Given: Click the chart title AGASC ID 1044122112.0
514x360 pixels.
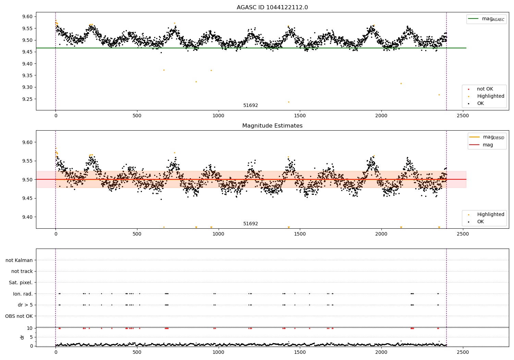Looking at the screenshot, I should [272, 8].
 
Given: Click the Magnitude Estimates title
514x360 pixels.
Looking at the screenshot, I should [272, 126].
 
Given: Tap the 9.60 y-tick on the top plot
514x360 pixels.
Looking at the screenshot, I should [27, 17].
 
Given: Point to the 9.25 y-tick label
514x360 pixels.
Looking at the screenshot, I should [27, 99].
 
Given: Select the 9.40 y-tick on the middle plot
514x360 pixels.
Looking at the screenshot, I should [27, 217].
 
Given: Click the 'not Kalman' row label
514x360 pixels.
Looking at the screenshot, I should [19, 260].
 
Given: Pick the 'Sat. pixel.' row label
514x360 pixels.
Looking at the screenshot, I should [21, 283].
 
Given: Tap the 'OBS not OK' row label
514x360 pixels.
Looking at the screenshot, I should [19, 316].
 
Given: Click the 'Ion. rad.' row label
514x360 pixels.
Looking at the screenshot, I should [23, 294].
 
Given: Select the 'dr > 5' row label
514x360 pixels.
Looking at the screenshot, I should [25, 305].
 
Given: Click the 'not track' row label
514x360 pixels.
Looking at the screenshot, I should [22, 271].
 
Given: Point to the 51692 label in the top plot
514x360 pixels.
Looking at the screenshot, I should [250, 106].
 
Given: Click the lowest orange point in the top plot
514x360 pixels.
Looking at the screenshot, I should [289, 102].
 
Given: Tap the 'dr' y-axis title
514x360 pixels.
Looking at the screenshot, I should [22, 337].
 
